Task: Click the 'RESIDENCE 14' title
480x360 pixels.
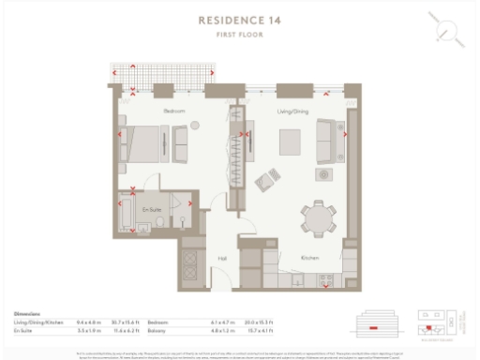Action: click(x=240, y=19)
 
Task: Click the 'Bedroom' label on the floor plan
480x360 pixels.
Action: click(x=174, y=112)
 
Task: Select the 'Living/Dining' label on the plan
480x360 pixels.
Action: click(x=292, y=112)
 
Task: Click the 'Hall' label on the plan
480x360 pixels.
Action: click(x=222, y=258)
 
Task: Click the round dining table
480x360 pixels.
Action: click(x=318, y=217)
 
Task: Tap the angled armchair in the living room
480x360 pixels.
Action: click(x=270, y=176)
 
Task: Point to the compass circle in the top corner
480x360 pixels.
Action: click(x=448, y=31)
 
